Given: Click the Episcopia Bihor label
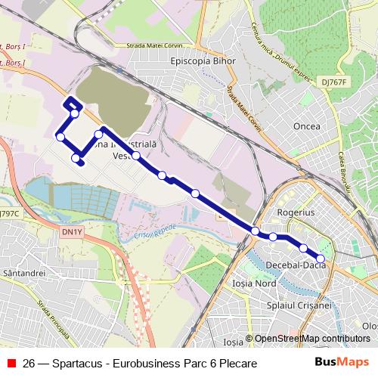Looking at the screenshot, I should [x=203, y=60].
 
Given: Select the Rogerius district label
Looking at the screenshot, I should [x=296, y=213].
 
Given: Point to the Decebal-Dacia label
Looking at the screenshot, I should [x=297, y=265].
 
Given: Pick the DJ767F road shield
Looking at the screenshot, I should [x=333, y=82].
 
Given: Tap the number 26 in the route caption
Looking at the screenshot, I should [x=29, y=364].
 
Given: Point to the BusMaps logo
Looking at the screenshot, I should [x=342, y=363].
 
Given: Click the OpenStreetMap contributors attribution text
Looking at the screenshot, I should [x=311, y=339].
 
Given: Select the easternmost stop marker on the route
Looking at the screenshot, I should [x=321, y=259].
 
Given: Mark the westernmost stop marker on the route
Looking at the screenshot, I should [x=60, y=137].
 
